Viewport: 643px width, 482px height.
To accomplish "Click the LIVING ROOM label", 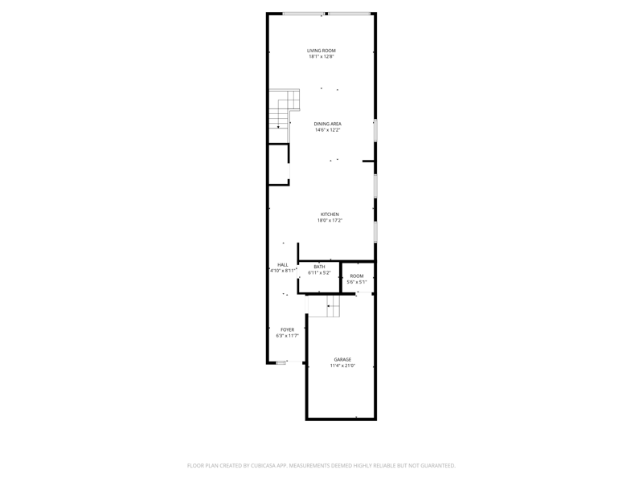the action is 321,51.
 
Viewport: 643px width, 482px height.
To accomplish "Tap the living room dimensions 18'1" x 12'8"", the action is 321,56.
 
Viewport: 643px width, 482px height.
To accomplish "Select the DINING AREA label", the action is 328,124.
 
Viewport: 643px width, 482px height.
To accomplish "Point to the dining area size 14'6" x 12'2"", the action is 328,130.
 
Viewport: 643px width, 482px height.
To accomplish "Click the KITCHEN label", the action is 330,214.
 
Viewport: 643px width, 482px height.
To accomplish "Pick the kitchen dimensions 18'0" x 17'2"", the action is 330,220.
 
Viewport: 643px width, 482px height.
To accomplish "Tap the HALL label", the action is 283,265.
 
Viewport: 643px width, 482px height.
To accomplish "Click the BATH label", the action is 319,267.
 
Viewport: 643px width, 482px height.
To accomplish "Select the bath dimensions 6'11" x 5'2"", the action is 319,273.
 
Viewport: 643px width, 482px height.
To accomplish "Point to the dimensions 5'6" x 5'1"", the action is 357,282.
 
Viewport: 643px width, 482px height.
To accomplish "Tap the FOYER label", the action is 288,329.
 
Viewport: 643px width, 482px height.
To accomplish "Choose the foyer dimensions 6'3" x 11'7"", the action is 288,336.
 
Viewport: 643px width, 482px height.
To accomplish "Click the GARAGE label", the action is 342,359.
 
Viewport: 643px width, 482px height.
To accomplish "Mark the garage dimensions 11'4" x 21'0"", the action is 342,366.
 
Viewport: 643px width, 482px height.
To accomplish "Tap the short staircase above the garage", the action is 324,306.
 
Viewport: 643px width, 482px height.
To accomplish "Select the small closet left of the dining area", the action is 279,165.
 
